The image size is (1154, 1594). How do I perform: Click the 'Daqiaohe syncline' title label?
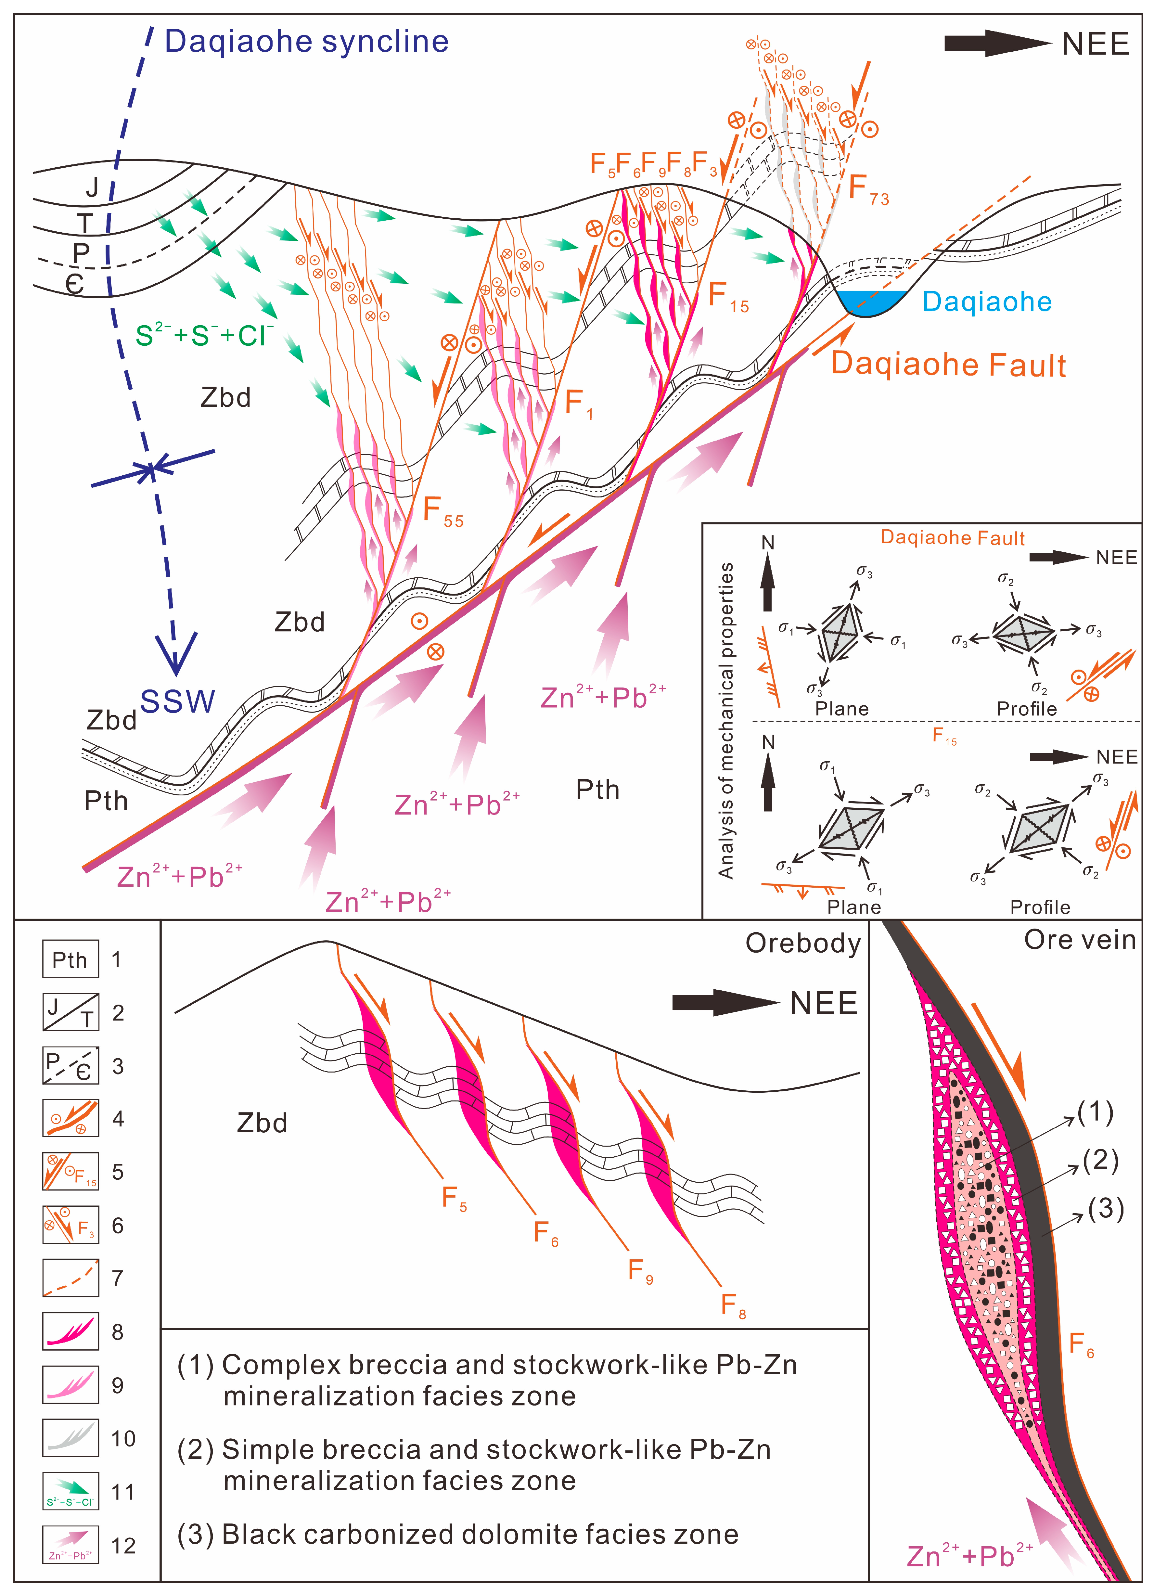[306, 42]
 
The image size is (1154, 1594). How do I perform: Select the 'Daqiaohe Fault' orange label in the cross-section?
[948, 365]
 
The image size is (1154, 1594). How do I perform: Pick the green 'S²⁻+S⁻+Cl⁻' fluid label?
[204, 335]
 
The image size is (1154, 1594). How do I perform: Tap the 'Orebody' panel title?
[802, 943]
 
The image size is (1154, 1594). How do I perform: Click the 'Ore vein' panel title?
[1080, 940]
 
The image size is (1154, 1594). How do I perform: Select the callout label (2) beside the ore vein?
[1100, 1160]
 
